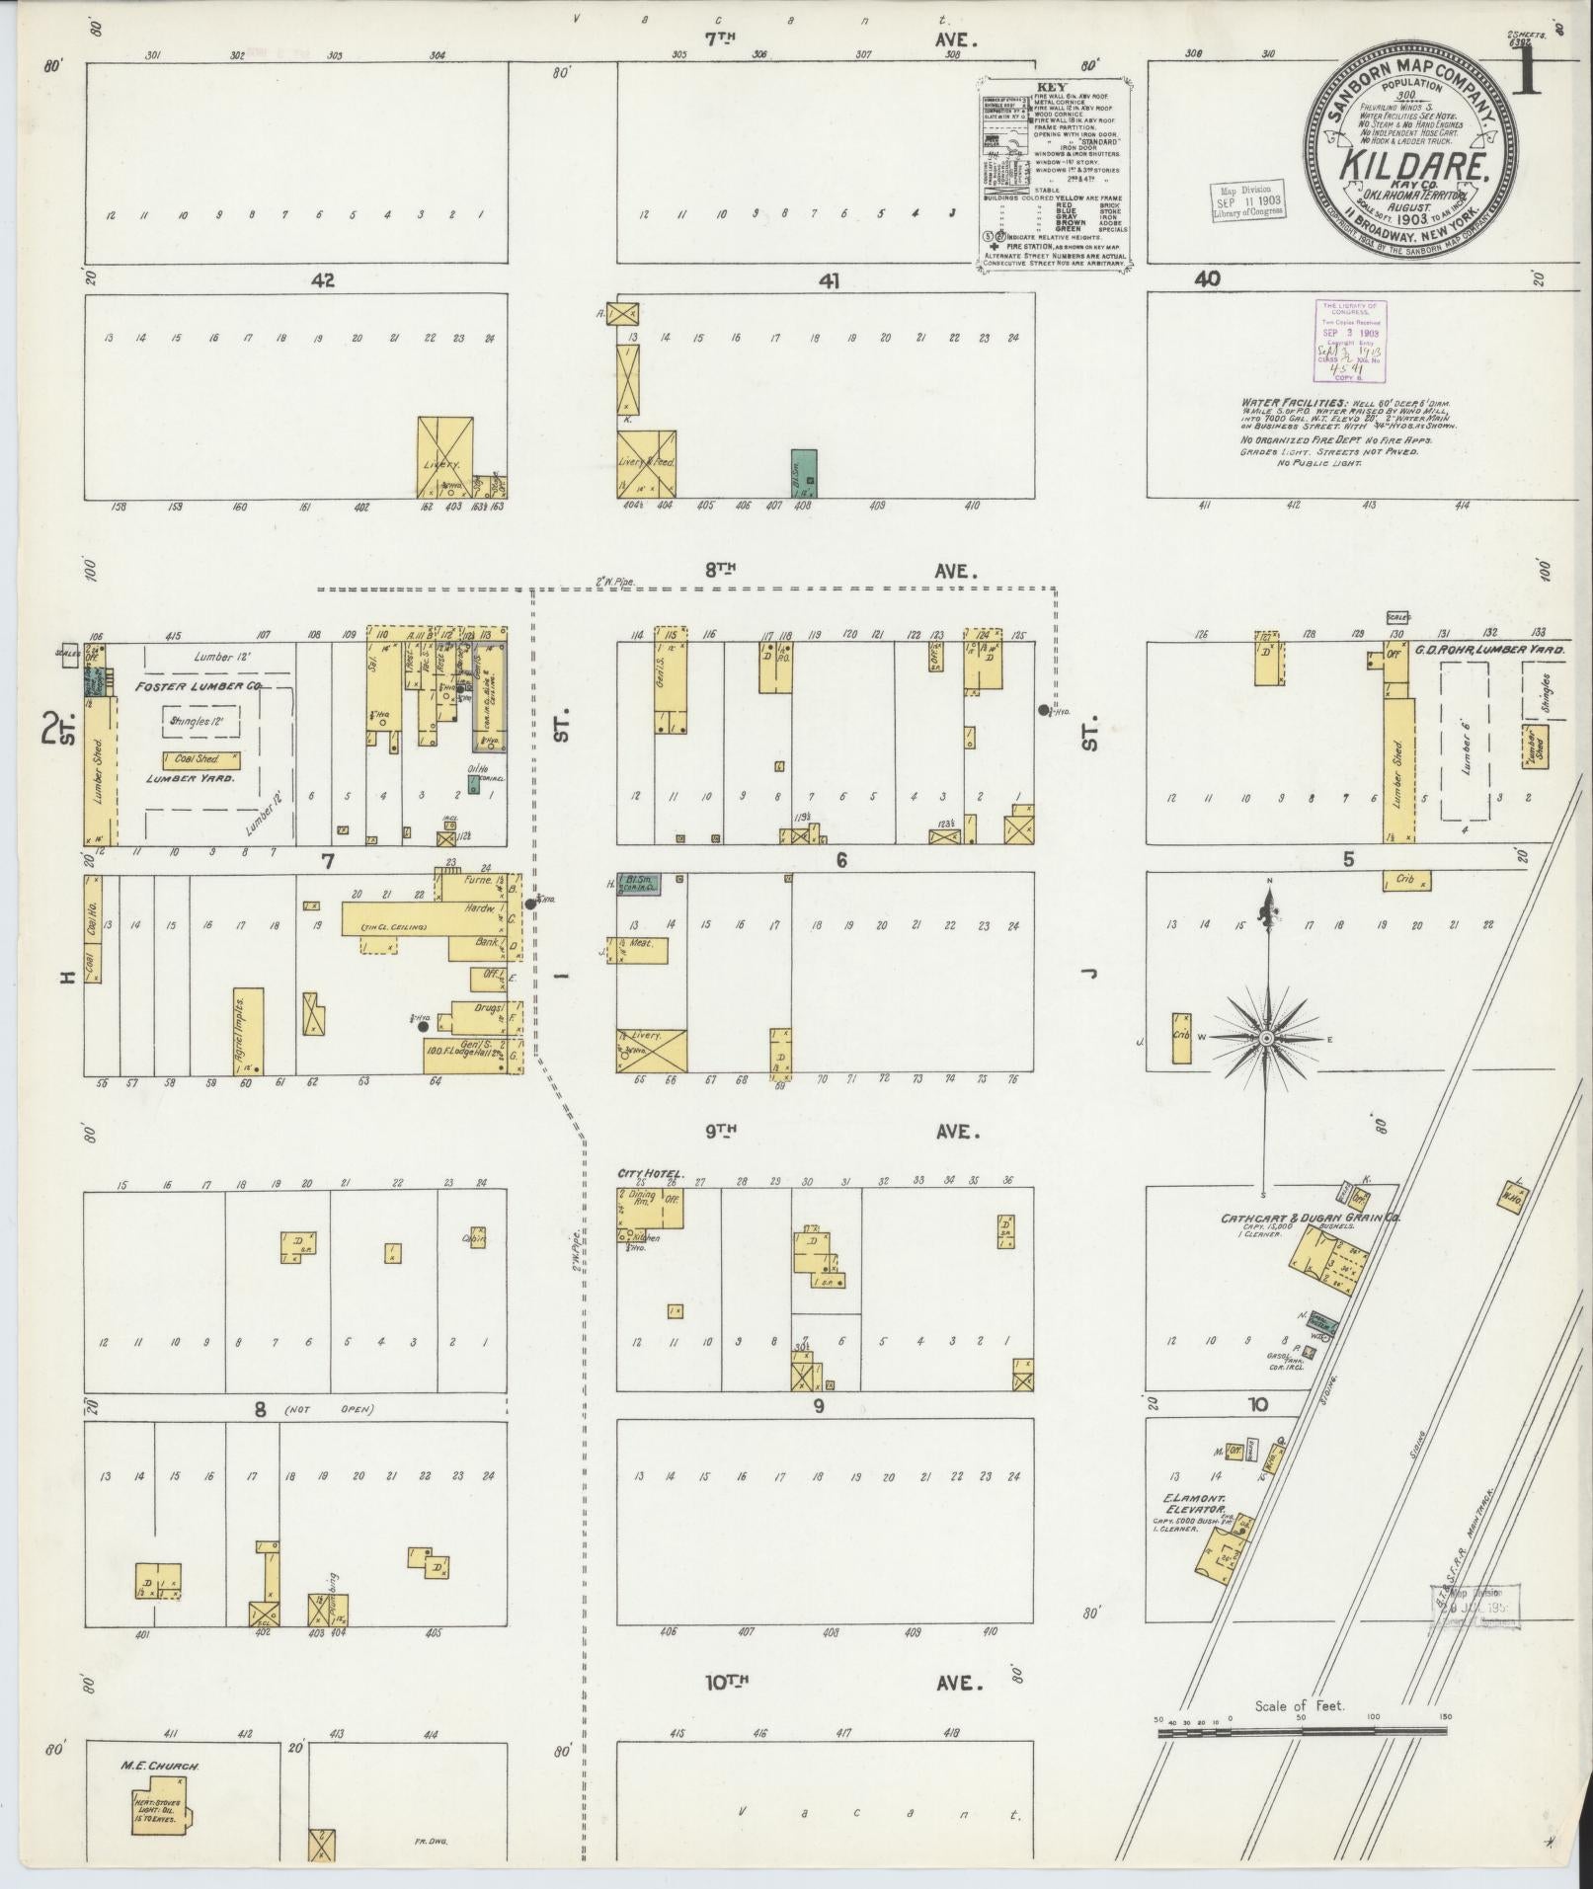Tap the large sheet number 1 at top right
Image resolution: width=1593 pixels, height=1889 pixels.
point(1528,72)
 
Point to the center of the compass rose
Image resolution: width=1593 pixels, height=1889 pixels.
point(1265,1038)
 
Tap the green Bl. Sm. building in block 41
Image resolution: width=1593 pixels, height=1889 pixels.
point(804,472)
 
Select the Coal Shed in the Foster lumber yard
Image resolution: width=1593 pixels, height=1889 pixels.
point(201,759)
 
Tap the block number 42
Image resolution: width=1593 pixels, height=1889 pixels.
point(322,280)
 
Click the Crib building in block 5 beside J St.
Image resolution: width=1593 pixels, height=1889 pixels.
point(1181,1038)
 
